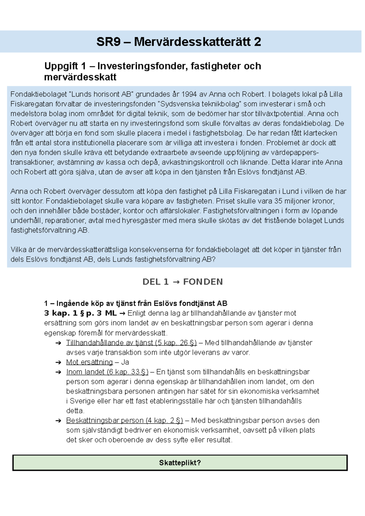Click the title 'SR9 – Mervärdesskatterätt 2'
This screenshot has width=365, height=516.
tap(179, 42)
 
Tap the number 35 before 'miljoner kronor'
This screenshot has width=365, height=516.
tap(278, 201)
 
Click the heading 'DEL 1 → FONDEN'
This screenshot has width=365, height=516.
tap(182, 282)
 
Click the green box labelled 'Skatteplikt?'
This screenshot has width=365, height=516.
tap(180, 463)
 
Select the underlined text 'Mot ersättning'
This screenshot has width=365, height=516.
tap(89, 362)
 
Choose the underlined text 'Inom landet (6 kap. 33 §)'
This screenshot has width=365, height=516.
tap(107, 372)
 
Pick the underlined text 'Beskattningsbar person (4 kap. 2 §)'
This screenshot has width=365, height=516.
tap(124, 420)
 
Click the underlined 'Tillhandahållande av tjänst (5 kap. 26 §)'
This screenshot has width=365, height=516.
tap(131, 342)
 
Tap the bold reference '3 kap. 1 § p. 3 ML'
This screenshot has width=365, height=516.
tap(80, 313)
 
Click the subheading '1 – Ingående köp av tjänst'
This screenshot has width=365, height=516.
tap(136, 303)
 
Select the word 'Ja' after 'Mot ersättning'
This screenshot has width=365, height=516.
tap(125, 362)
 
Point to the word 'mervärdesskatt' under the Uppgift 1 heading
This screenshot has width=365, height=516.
tap(80, 77)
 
